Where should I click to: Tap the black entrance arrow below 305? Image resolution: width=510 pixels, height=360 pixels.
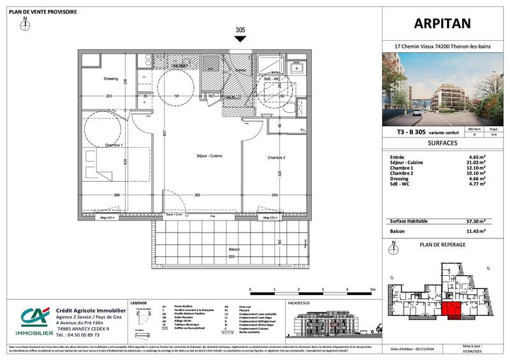[x=240, y=39]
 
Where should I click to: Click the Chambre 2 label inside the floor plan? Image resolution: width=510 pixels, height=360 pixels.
[x=275, y=157]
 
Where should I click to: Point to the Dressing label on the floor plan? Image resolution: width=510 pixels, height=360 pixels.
[x=111, y=79]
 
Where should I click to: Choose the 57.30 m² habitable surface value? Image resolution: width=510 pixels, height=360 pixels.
[x=475, y=221]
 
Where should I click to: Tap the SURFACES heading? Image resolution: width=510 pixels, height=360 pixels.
[x=442, y=144]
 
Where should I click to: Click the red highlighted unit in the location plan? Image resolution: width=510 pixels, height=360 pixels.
[x=453, y=309]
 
